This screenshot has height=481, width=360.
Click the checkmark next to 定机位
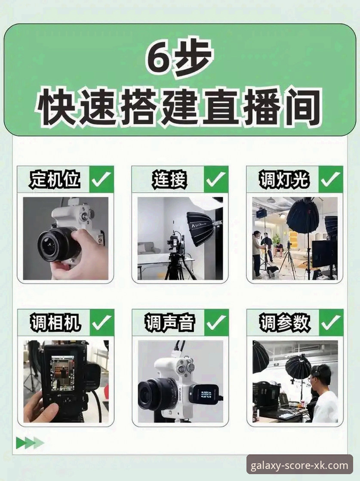(x=102, y=179)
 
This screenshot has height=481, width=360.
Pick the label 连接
(x=169, y=179)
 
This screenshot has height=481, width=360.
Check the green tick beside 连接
(x=216, y=179)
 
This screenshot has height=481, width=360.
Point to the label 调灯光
(x=284, y=179)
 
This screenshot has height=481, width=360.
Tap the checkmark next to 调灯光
(x=331, y=179)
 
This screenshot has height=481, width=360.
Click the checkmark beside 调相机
(x=102, y=322)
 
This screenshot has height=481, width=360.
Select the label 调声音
(x=169, y=322)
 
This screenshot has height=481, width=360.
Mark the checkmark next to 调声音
(x=216, y=322)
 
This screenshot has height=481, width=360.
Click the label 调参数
(x=284, y=322)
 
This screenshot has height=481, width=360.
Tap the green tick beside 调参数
(x=331, y=322)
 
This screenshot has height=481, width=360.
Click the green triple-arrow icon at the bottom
(x=30, y=443)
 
